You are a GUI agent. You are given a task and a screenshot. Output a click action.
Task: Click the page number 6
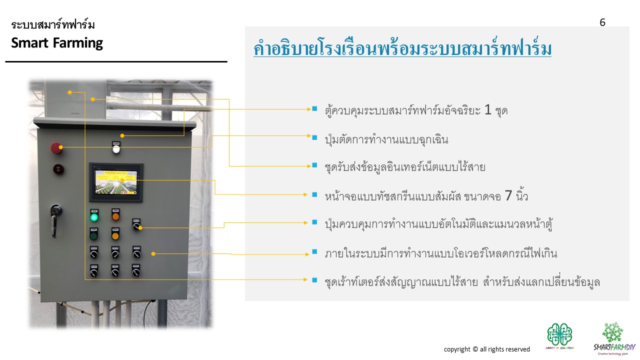click(602, 22)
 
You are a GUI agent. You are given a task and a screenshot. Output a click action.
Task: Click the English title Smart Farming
click(57, 43)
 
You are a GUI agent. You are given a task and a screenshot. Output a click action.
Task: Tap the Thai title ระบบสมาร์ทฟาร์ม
click(53, 24)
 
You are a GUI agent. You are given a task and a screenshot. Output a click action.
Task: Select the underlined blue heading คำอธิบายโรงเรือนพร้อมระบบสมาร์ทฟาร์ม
click(402, 49)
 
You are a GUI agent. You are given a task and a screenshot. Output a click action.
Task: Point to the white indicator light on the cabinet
click(116, 148)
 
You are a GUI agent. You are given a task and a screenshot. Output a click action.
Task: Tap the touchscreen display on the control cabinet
click(116, 180)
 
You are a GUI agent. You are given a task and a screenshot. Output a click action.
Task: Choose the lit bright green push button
click(94, 217)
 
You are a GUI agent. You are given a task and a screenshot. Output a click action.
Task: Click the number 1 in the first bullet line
click(488, 110)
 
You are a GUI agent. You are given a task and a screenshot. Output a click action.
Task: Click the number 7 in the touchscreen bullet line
click(508, 196)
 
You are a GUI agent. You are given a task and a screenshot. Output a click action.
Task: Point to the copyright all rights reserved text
click(486, 349)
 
